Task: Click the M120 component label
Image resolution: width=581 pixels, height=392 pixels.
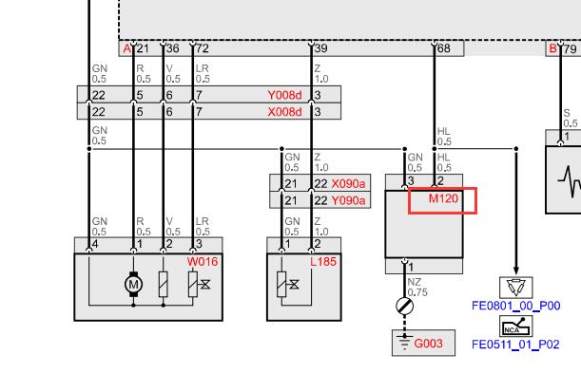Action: point(443,198)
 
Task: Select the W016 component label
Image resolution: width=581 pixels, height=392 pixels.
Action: point(203,261)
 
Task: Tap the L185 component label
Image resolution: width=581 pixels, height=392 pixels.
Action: point(323,261)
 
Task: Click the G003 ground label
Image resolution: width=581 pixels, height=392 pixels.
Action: point(428,344)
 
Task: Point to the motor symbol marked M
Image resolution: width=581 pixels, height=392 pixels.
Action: point(133,285)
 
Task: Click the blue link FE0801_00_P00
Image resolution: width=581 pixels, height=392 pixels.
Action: point(515,306)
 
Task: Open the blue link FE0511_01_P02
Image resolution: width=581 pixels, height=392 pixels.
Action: point(515,345)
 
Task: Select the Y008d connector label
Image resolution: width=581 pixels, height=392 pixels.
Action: point(284,95)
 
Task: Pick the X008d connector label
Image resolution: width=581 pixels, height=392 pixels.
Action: point(284,112)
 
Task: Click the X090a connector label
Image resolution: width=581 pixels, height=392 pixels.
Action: point(348,183)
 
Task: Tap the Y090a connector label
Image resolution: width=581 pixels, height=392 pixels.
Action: point(348,200)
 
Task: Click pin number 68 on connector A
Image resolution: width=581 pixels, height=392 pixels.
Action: point(443,48)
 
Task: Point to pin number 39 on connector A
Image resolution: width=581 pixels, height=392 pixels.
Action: point(320,48)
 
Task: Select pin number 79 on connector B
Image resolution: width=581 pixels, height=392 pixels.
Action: point(571,48)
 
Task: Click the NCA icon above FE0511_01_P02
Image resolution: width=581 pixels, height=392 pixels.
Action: point(515,327)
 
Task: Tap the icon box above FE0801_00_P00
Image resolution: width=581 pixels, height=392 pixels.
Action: point(515,288)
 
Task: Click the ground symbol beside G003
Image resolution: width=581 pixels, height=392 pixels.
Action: point(404,342)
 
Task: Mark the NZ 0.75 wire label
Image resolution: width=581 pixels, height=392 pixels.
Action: point(417,288)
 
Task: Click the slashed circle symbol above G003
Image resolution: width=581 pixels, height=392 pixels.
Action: point(405,307)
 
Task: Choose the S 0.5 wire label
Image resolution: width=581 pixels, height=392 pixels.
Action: point(571,118)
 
